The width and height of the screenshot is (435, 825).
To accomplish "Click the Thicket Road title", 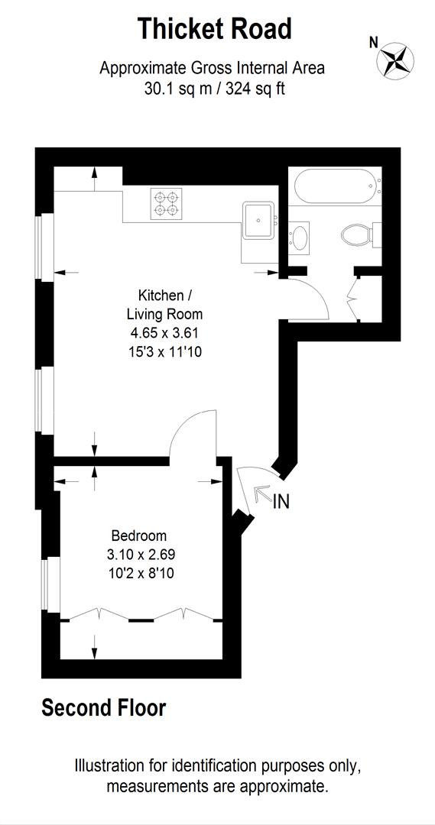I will tap(214, 29).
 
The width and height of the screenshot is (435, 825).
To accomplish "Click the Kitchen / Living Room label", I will tap(160, 304).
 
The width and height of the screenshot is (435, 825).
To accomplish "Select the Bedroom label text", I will tap(138, 535).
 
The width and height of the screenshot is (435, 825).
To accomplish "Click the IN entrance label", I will tap(281, 502).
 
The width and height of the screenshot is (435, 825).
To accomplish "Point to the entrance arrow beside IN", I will tap(261, 493).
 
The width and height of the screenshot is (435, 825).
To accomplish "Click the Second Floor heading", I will tap(103, 708).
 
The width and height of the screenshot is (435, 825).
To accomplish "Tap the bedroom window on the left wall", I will tap(50, 584).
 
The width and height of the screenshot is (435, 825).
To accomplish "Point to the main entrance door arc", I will tap(248, 489).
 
